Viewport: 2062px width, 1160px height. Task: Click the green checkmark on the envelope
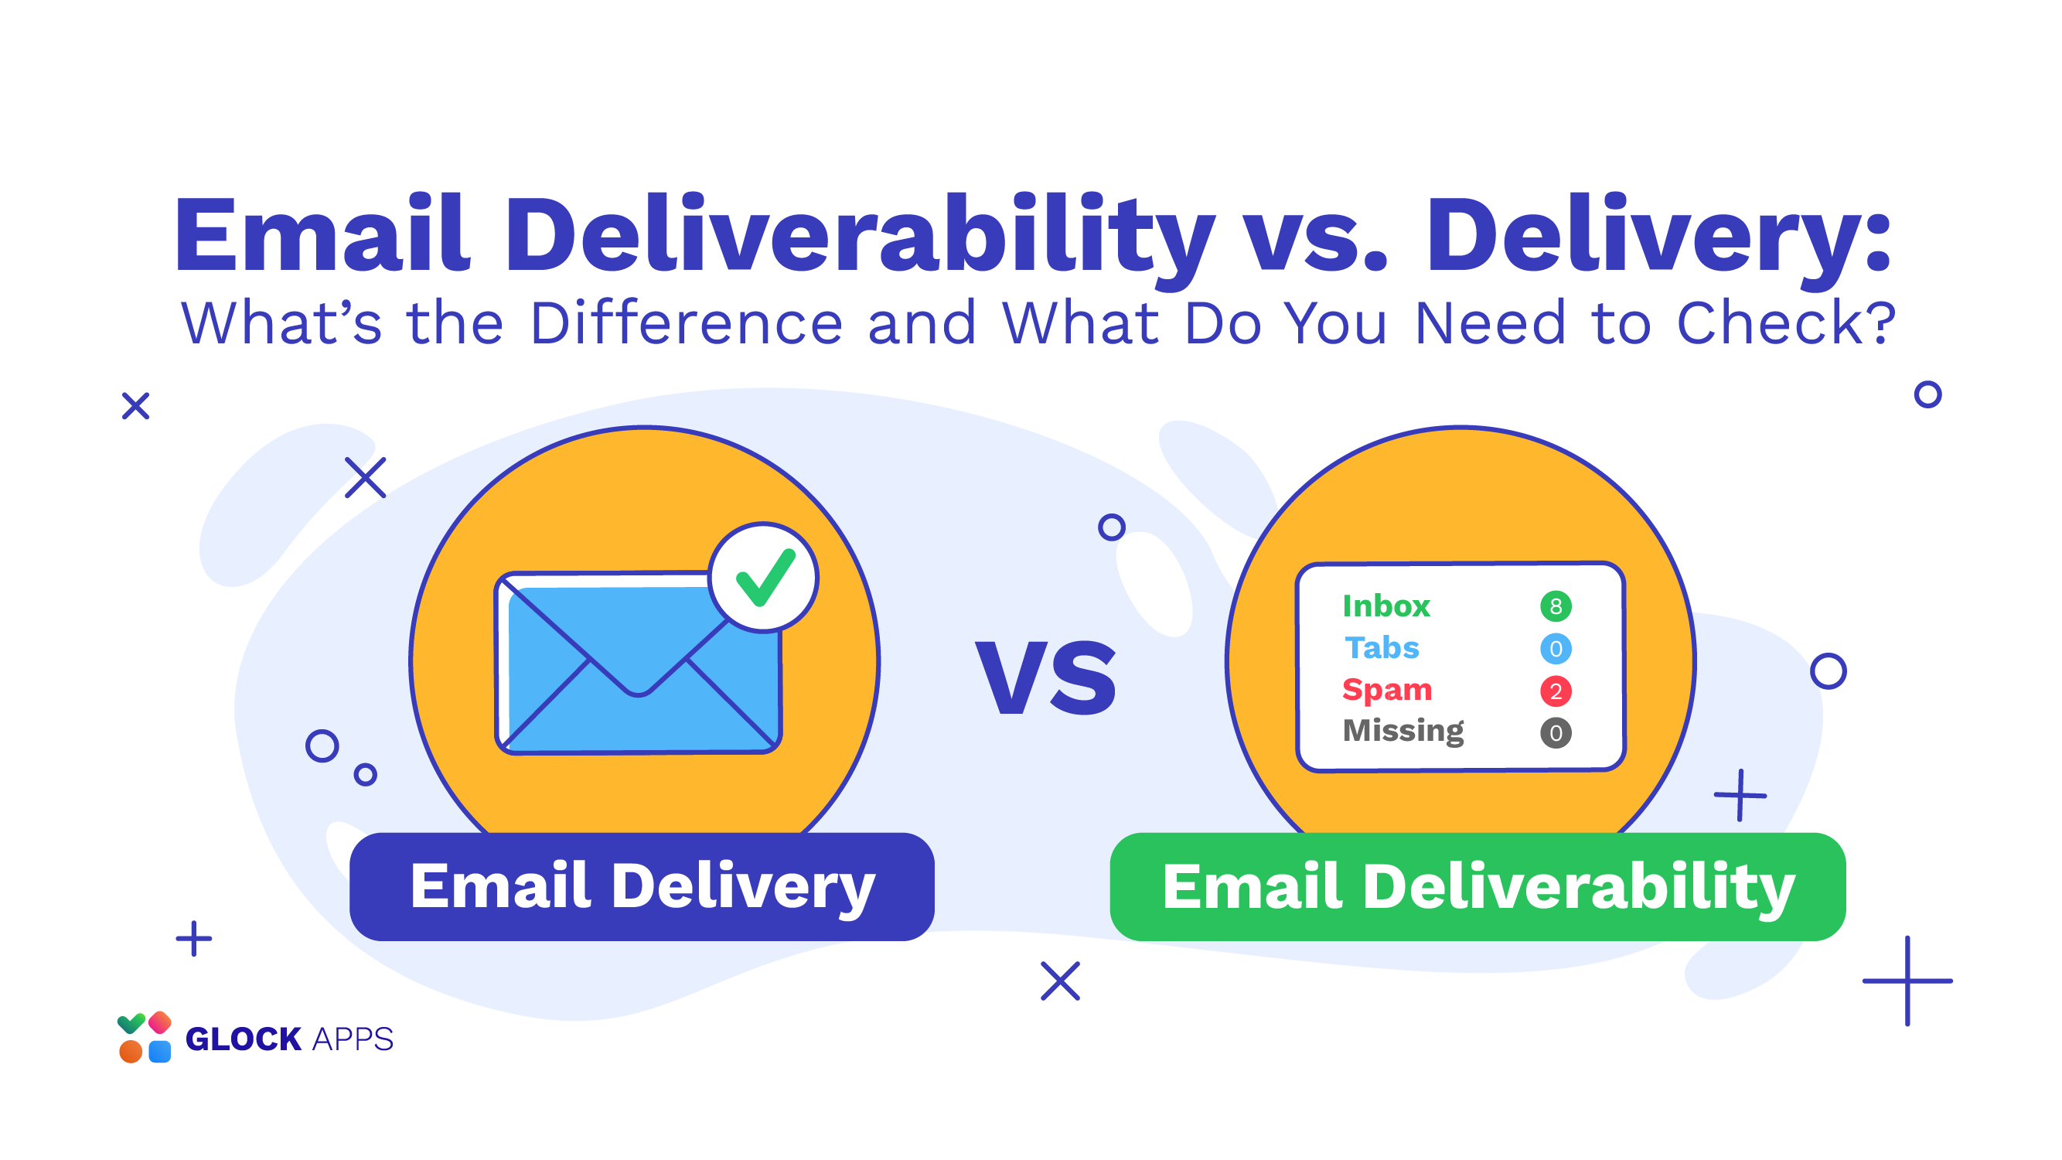click(x=765, y=578)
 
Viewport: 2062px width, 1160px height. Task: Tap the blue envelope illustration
click(x=639, y=663)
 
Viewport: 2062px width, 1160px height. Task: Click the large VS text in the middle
click(x=1045, y=678)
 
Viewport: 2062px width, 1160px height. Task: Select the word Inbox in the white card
click(x=1385, y=606)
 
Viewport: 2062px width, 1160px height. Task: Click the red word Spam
click(x=1386, y=690)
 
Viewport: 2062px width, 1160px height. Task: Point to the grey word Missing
click(x=1403, y=732)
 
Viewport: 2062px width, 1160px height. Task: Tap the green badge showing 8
click(x=1556, y=607)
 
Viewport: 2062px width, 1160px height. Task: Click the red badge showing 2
click(x=1556, y=691)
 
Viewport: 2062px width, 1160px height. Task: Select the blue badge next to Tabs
click(x=1556, y=649)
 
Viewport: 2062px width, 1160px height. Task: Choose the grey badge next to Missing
click(x=1556, y=733)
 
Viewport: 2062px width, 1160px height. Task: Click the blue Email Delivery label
click(x=642, y=887)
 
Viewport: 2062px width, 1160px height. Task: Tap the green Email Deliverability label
click(x=1477, y=887)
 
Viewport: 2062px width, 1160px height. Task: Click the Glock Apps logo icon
click(x=144, y=1038)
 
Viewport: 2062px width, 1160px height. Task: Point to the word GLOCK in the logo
click(x=244, y=1039)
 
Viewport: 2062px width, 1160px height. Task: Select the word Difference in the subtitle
click(x=686, y=323)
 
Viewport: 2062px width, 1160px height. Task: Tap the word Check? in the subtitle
click(x=1786, y=323)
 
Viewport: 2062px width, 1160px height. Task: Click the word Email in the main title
click(x=321, y=234)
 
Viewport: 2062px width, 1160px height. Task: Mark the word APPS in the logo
click(x=353, y=1039)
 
